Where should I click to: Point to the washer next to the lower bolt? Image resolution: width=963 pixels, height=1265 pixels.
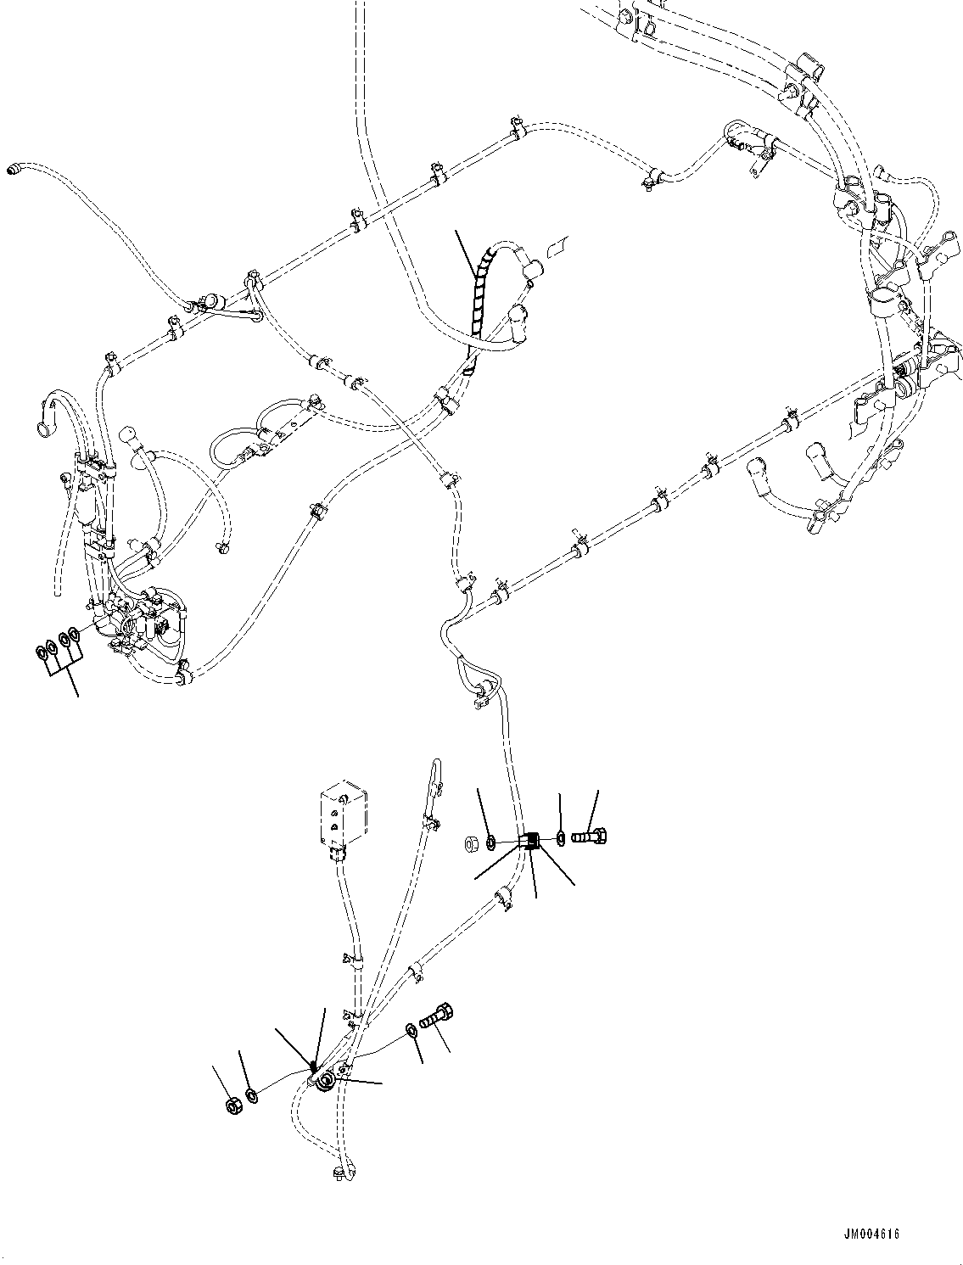point(411,1030)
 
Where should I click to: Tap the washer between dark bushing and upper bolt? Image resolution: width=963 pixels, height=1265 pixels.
point(561,839)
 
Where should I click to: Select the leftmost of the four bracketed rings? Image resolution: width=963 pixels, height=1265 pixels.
point(41,653)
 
